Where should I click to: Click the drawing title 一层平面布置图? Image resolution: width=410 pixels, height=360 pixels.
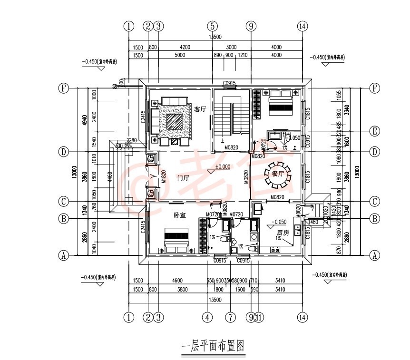(x=213, y=346)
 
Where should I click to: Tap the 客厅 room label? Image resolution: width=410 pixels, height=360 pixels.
(x=200, y=109)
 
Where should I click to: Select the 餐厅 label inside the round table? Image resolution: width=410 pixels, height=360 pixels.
(x=277, y=174)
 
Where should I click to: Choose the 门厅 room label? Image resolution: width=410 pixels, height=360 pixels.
(x=183, y=178)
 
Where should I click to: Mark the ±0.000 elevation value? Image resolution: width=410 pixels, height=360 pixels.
(x=223, y=167)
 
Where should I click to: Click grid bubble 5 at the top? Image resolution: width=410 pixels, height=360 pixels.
(x=212, y=26)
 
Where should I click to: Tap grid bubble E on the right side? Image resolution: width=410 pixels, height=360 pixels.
(x=375, y=131)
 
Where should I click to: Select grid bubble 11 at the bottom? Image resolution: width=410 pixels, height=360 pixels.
(x=258, y=317)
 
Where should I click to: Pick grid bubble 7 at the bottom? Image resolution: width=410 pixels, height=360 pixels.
(x=231, y=317)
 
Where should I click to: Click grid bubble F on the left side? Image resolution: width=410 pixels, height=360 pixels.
(x=63, y=88)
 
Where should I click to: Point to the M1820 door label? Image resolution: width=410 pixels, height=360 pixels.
(x=163, y=176)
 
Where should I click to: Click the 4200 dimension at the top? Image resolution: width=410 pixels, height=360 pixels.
(x=185, y=48)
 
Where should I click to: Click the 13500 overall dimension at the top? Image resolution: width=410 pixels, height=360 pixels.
(x=215, y=37)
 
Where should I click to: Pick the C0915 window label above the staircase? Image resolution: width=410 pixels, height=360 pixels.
(x=230, y=83)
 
